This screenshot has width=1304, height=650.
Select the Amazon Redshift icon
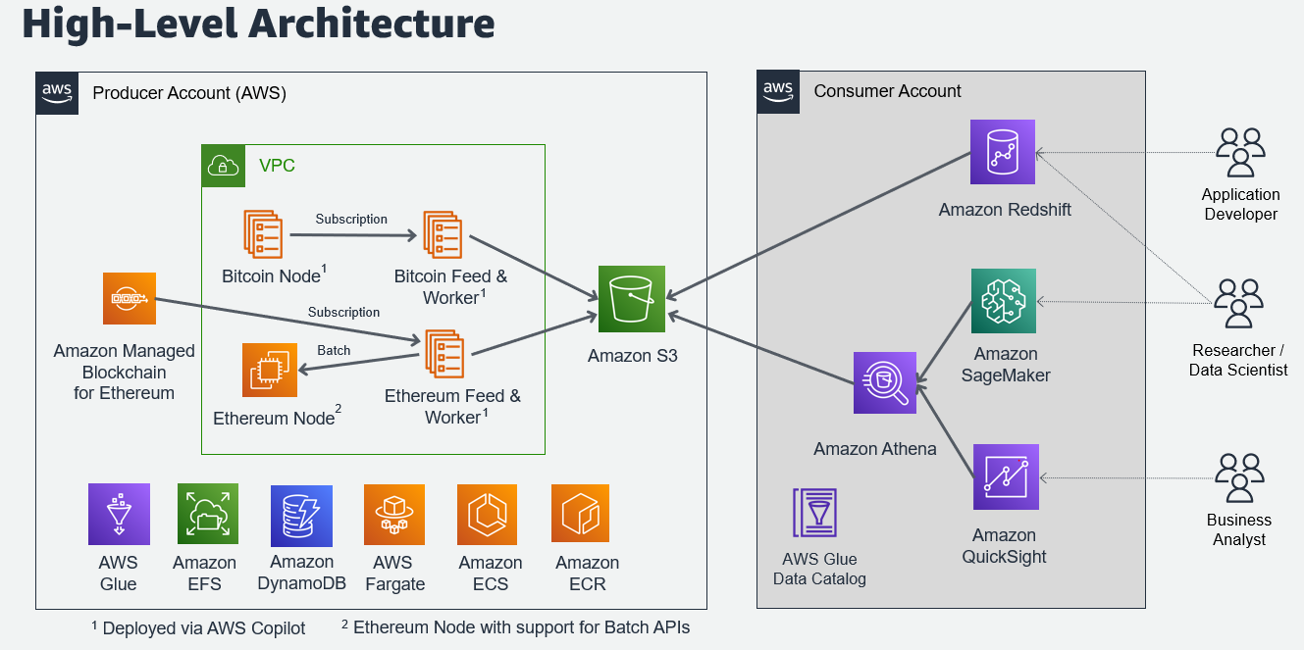[x=1003, y=152]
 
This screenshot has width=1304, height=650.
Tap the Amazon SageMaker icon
[x=1004, y=301]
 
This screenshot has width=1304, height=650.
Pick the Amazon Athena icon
[x=885, y=383]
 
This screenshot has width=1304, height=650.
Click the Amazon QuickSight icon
[x=1006, y=476]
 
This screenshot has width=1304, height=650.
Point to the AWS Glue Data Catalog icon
[x=814, y=513]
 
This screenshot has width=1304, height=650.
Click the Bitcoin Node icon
[x=263, y=234]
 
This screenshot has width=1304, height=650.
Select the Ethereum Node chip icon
[x=270, y=370]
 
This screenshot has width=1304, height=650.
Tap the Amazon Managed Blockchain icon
[x=130, y=299]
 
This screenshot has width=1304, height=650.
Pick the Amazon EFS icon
[x=208, y=514]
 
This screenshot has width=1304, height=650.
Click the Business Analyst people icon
[x=1240, y=477]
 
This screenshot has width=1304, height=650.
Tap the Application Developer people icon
[x=1240, y=152]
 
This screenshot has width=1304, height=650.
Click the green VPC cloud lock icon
[x=223, y=166]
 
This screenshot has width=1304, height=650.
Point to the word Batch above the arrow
[x=334, y=350]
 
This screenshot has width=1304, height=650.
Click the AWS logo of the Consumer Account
[x=778, y=92]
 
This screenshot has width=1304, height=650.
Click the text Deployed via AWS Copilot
[x=204, y=627]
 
